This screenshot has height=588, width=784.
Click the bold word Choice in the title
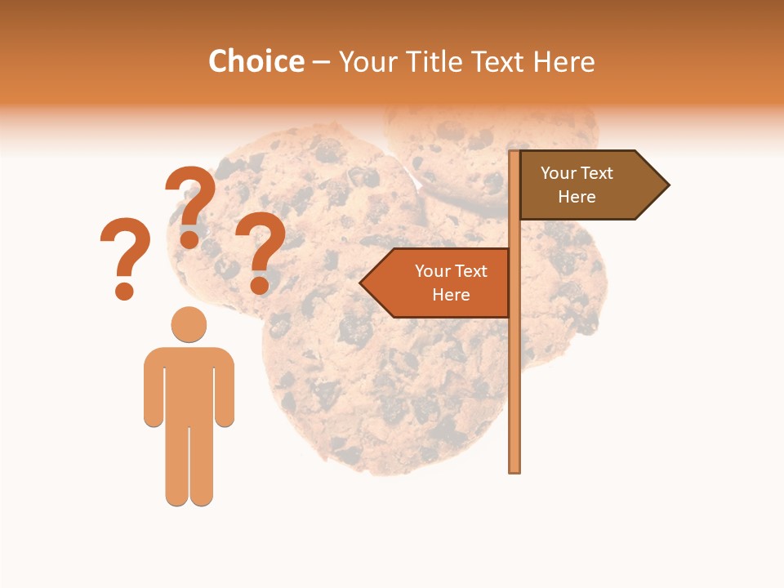point(256,61)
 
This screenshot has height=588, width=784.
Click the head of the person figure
point(189,324)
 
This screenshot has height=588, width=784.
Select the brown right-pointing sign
point(588,185)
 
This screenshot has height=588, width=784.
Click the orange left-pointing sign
point(441,283)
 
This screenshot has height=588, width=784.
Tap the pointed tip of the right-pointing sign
point(666,185)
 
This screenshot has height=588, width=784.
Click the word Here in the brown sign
point(577,197)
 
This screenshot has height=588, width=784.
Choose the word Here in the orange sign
point(451,295)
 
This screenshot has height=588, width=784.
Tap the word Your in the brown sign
point(559,173)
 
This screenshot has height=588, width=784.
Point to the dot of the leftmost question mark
point(124,291)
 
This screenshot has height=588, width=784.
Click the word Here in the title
point(563,61)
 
